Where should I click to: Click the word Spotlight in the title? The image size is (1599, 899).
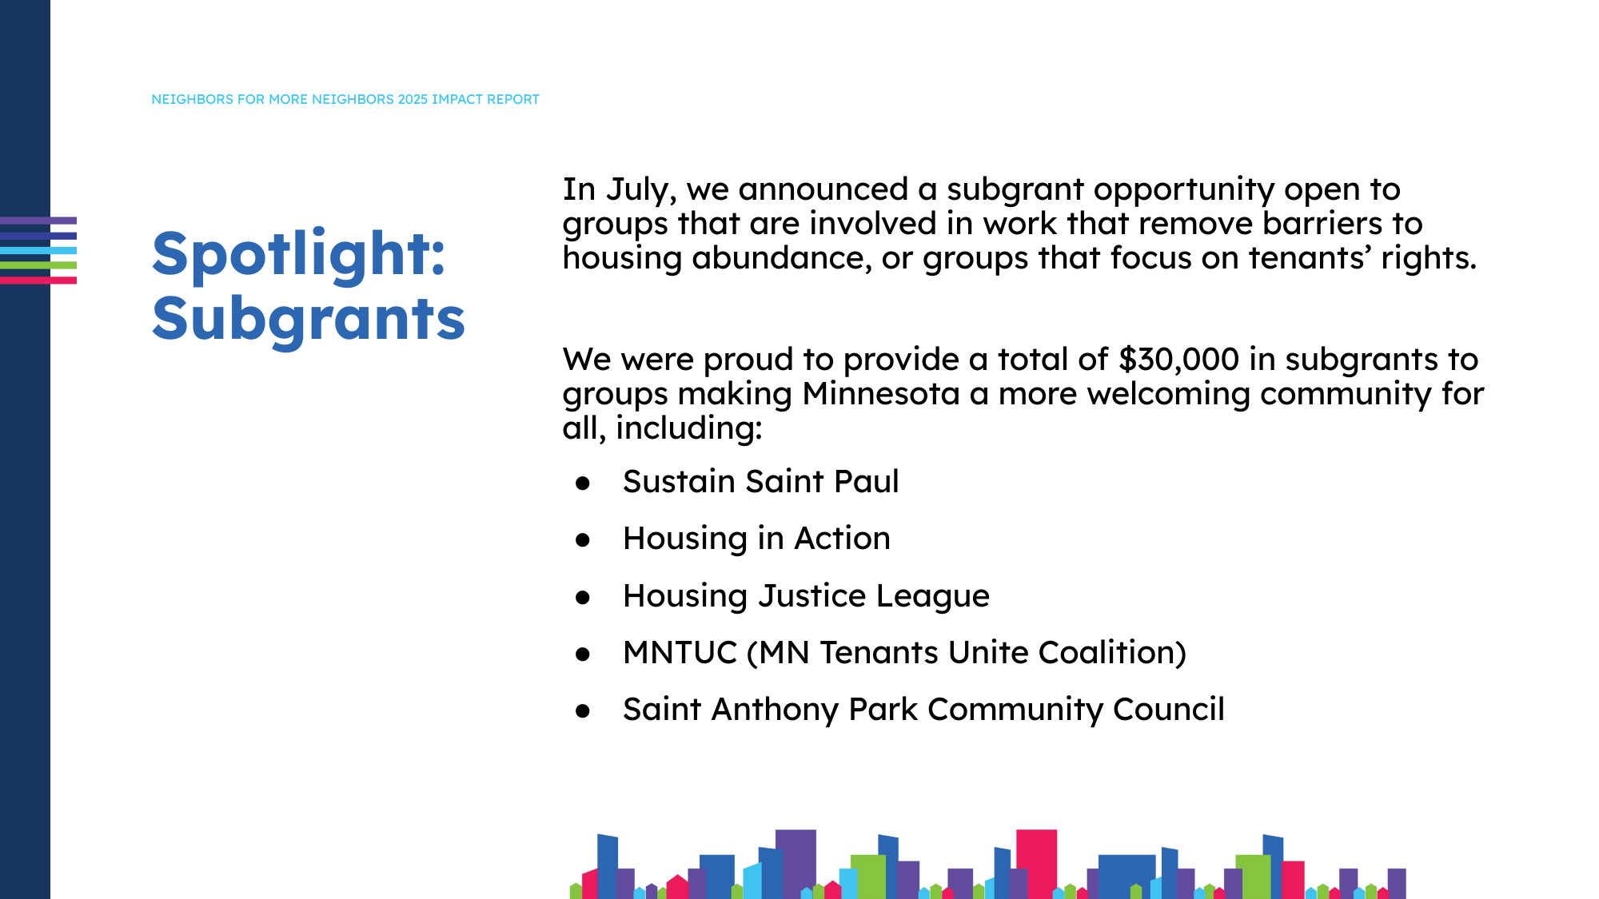[x=297, y=255]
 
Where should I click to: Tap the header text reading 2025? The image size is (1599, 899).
[x=413, y=99]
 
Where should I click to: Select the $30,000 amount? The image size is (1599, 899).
[x=1178, y=360]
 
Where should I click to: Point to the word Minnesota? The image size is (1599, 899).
[x=880, y=394]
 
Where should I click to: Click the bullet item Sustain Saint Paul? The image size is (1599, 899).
[x=760, y=482]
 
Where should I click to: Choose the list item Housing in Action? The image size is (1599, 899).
[x=756, y=539]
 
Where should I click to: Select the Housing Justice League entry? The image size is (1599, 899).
[x=806, y=596]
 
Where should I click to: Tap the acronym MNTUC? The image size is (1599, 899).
[x=680, y=653]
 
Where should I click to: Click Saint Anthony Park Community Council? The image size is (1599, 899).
[x=923, y=710]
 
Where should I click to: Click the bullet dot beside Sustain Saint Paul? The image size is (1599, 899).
[x=583, y=483]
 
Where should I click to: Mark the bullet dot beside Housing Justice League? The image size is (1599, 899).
[x=583, y=598]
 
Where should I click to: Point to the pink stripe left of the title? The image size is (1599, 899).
[x=38, y=280]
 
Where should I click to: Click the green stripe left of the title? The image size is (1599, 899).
[x=38, y=265]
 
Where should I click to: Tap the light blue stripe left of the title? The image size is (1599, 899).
[x=38, y=250]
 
